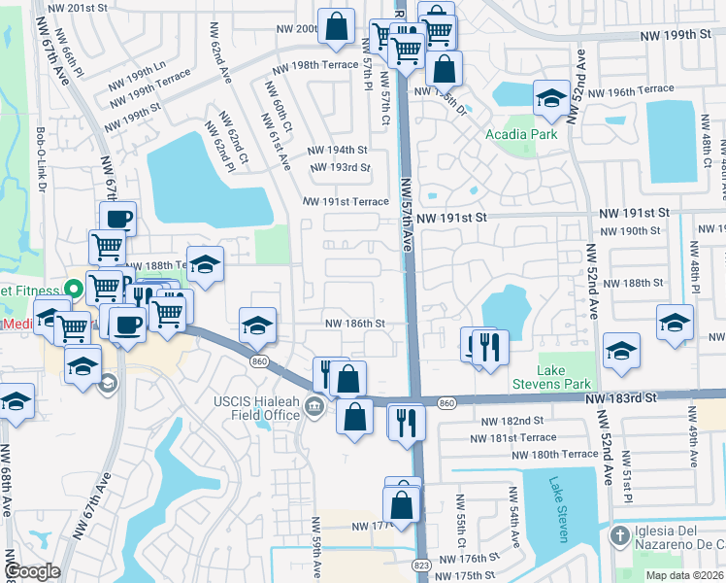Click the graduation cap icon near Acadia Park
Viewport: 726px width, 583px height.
pos(551,98)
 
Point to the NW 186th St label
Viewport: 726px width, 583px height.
pos(354,324)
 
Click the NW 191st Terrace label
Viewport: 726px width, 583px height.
pos(346,202)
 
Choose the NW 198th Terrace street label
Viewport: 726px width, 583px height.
pos(315,66)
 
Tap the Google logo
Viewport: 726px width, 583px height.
pos(32,571)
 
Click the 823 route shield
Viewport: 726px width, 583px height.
pos(420,563)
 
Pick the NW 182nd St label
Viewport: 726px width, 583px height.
pos(511,421)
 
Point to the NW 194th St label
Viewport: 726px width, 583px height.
pos(338,151)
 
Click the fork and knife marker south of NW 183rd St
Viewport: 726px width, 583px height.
pos(406,422)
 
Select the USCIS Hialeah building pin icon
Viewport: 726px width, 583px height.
pos(314,406)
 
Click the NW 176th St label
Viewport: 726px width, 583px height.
pos(468,559)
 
